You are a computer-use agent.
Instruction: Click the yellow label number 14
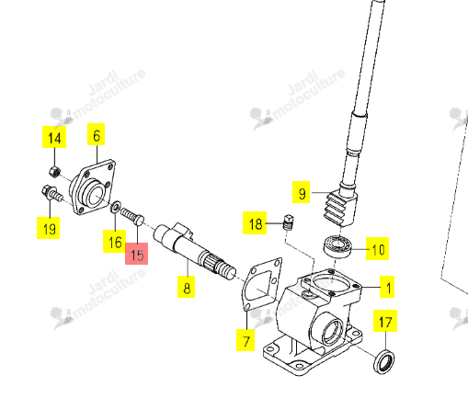pos(54,137)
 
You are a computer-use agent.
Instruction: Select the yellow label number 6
pos(97,134)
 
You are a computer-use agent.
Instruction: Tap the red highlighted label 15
pos(137,254)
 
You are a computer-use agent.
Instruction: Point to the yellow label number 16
pos(115,242)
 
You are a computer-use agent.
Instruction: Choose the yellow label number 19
pos(49,228)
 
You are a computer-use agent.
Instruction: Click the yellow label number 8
pos(187,287)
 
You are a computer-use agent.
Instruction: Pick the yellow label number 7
pos(245,340)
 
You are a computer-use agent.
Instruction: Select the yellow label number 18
pos(255,223)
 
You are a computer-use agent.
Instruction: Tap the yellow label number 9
pos(302,192)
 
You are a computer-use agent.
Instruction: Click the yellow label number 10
pos(378,249)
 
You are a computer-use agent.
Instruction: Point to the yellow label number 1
pos(387,287)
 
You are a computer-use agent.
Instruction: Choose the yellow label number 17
pos(385,321)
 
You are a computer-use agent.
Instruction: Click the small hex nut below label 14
pos(54,171)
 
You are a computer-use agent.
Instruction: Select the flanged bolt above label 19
pos(51,193)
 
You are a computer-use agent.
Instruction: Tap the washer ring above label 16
pos(115,207)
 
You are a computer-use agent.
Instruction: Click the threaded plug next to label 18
pos(288,222)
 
